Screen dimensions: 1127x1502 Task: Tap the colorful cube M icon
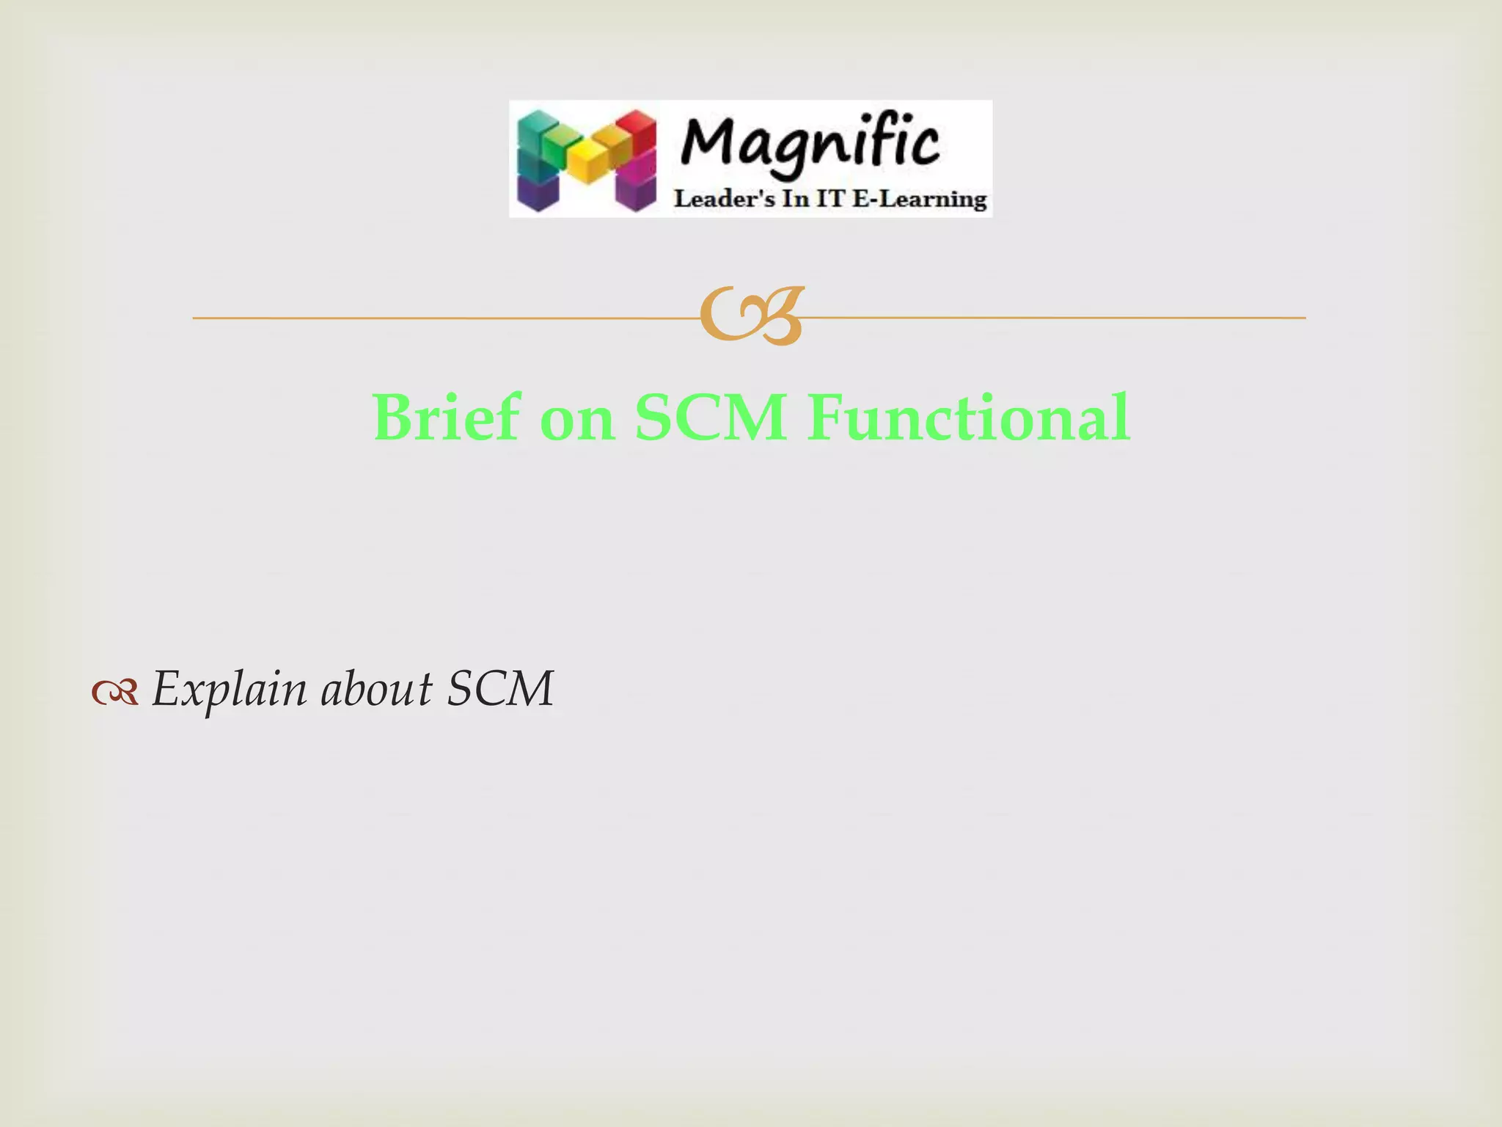(587, 161)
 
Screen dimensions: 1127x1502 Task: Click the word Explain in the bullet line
(229, 690)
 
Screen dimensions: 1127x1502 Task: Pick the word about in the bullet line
(377, 690)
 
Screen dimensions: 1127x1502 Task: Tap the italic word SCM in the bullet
(500, 690)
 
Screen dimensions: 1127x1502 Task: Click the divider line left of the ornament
(440, 318)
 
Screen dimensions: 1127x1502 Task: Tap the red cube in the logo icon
(637, 131)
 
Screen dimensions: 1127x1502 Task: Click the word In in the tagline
(795, 199)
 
